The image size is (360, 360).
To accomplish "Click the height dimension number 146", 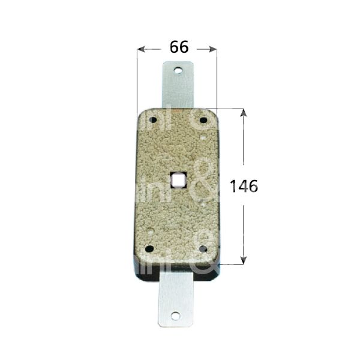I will point(244,187).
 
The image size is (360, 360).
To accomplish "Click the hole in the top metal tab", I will point(178,71).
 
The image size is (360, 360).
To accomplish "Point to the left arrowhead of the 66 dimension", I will point(142,49).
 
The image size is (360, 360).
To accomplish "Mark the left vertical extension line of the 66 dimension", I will point(137,78).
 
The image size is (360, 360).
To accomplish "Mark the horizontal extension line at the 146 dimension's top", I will point(231,109).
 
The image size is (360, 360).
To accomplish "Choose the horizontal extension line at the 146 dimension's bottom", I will point(231,264).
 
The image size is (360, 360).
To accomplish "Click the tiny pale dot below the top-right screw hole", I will point(206,137).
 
